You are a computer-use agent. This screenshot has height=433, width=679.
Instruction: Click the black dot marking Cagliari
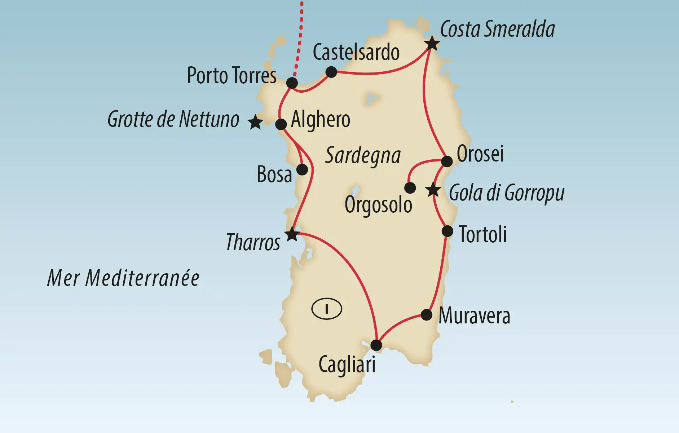(x=376, y=345)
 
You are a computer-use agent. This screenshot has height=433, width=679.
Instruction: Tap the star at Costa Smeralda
(x=432, y=44)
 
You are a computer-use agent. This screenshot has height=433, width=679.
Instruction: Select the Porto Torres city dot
(x=292, y=83)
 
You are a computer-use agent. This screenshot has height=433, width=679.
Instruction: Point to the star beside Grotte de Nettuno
(x=256, y=122)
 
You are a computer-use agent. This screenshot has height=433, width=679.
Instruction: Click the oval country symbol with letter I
(x=327, y=309)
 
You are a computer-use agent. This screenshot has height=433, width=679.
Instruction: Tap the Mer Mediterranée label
(x=123, y=278)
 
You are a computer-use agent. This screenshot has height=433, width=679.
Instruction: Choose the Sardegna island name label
(x=363, y=155)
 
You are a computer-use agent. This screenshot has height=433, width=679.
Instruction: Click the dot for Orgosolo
(x=410, y=188)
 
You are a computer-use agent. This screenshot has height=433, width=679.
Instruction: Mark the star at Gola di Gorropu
(x=433, y=190)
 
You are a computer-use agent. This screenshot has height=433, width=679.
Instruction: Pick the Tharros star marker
(x=292, y=234)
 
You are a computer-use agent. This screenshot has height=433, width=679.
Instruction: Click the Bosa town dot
(x=302, y=169)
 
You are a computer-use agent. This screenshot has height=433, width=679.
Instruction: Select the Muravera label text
(x=474, y=316)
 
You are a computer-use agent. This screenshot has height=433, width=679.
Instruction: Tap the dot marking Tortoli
(x=447, y=231)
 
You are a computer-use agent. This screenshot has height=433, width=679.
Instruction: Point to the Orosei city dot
(x=447, y=161)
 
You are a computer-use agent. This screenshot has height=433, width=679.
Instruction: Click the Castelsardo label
(x=356, y=52)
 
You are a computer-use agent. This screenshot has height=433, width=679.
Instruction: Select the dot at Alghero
(x=281, y=124)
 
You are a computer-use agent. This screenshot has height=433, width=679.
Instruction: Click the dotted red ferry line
(x=300, y=40)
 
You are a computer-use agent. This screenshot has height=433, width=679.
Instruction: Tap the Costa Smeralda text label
(x=497, y=29)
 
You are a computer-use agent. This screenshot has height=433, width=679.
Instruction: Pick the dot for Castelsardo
(x=331, y=72)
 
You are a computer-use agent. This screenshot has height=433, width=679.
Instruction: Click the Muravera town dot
(x=427, y=315)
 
